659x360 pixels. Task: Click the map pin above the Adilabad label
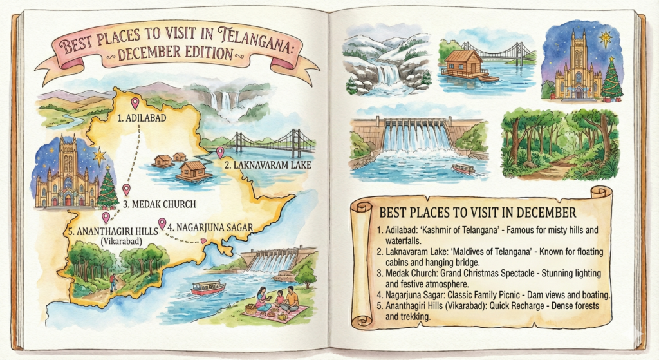pos(135,102)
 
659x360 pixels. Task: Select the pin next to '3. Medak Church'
pos(127,189)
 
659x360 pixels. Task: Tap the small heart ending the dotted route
pos(204,242)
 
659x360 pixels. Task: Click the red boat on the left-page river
pos(208,287)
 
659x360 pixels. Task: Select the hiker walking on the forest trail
pos(113,281)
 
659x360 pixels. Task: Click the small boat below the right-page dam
pos(463,168)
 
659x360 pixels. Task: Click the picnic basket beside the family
pos(251,308)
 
